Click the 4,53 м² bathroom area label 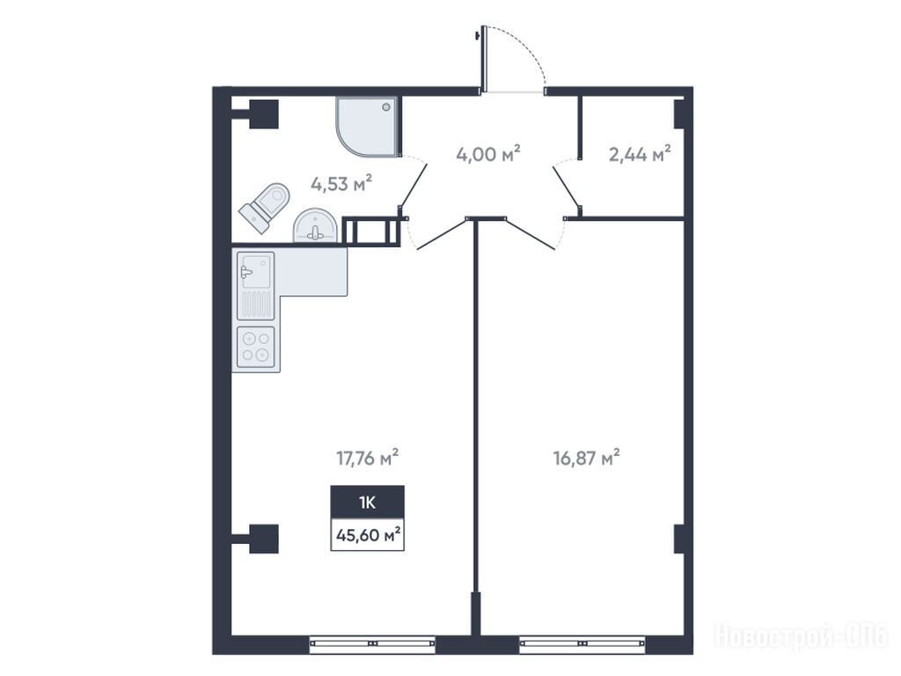tap(341, 183)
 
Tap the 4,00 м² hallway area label tap(488, 153)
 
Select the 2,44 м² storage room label tap(640, 153)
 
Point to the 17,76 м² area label tap(367, 458)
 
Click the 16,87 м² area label tap(587, 458)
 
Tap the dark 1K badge tap(367, 503)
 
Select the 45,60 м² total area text tap(368, 535)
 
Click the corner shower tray tap(367, 127)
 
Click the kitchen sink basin tap(256, 271)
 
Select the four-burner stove tap(256, 347)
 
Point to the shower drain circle tap(387, 107)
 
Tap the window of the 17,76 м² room tap(372, 644)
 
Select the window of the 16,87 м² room tap(582, 644)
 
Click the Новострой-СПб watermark tap(801, 637)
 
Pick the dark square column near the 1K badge tap(264, 539)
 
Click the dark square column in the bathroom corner tap(264, 114)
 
